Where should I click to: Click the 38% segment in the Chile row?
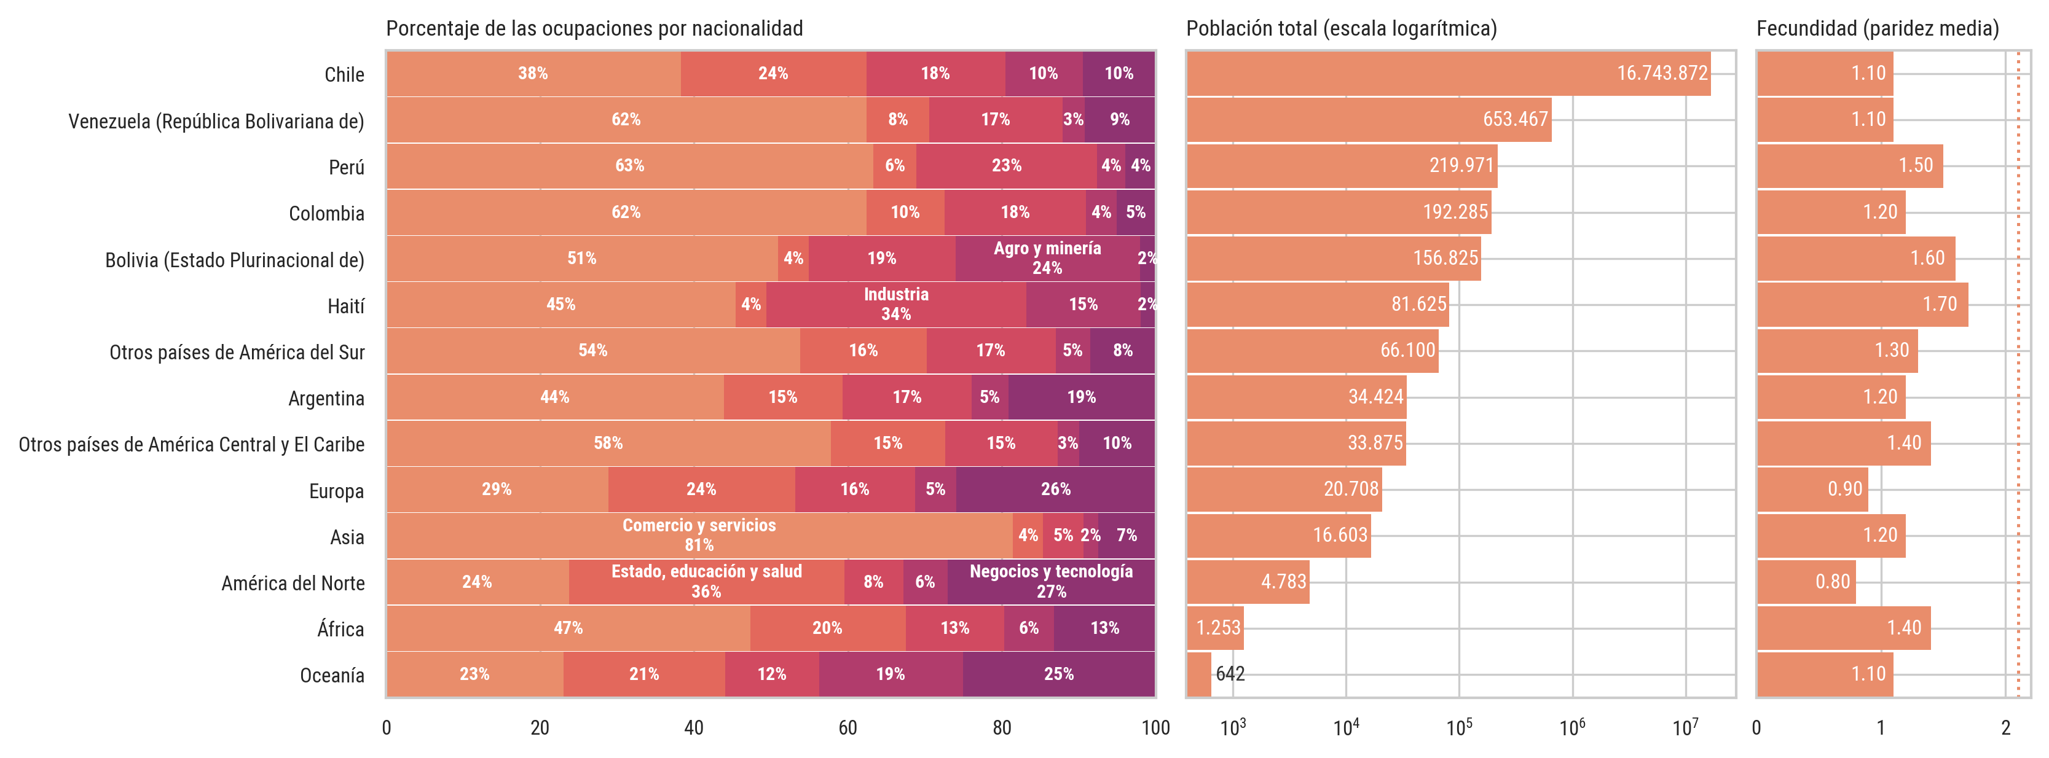pyautogui.click(x=533, y=74)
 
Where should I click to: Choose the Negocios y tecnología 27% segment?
pyautogui.click(x=1051, y=582)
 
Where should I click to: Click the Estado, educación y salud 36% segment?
pyautogui.click(x=706, y=582)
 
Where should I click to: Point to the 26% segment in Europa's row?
pyautogui.click(x=1055, y=489)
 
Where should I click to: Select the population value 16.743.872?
pyautogui.click(x=1662, y=73)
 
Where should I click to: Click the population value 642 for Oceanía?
pyautogui.click(x=1230, y=674)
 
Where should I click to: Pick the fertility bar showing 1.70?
pyautogui.click(x=1862, y=305)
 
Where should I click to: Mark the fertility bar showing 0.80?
pyautogui.click(x=1806, y=582)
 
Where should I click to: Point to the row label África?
pyautogui.click(x=340, y=629)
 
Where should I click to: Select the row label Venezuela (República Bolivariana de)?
pyautogui.click(x=216, y=122)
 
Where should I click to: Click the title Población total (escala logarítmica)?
pyautogui.click(x=1341, y=29)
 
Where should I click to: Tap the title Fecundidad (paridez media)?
pyautogui.click(x=1877, y=29)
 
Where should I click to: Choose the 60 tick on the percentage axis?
pyautogui.click(x=848, y=728)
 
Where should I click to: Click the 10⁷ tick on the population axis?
pyautogui.click(x=1686, y=728)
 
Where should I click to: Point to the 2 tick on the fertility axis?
pyautogui.click(x=2005, y=728)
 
